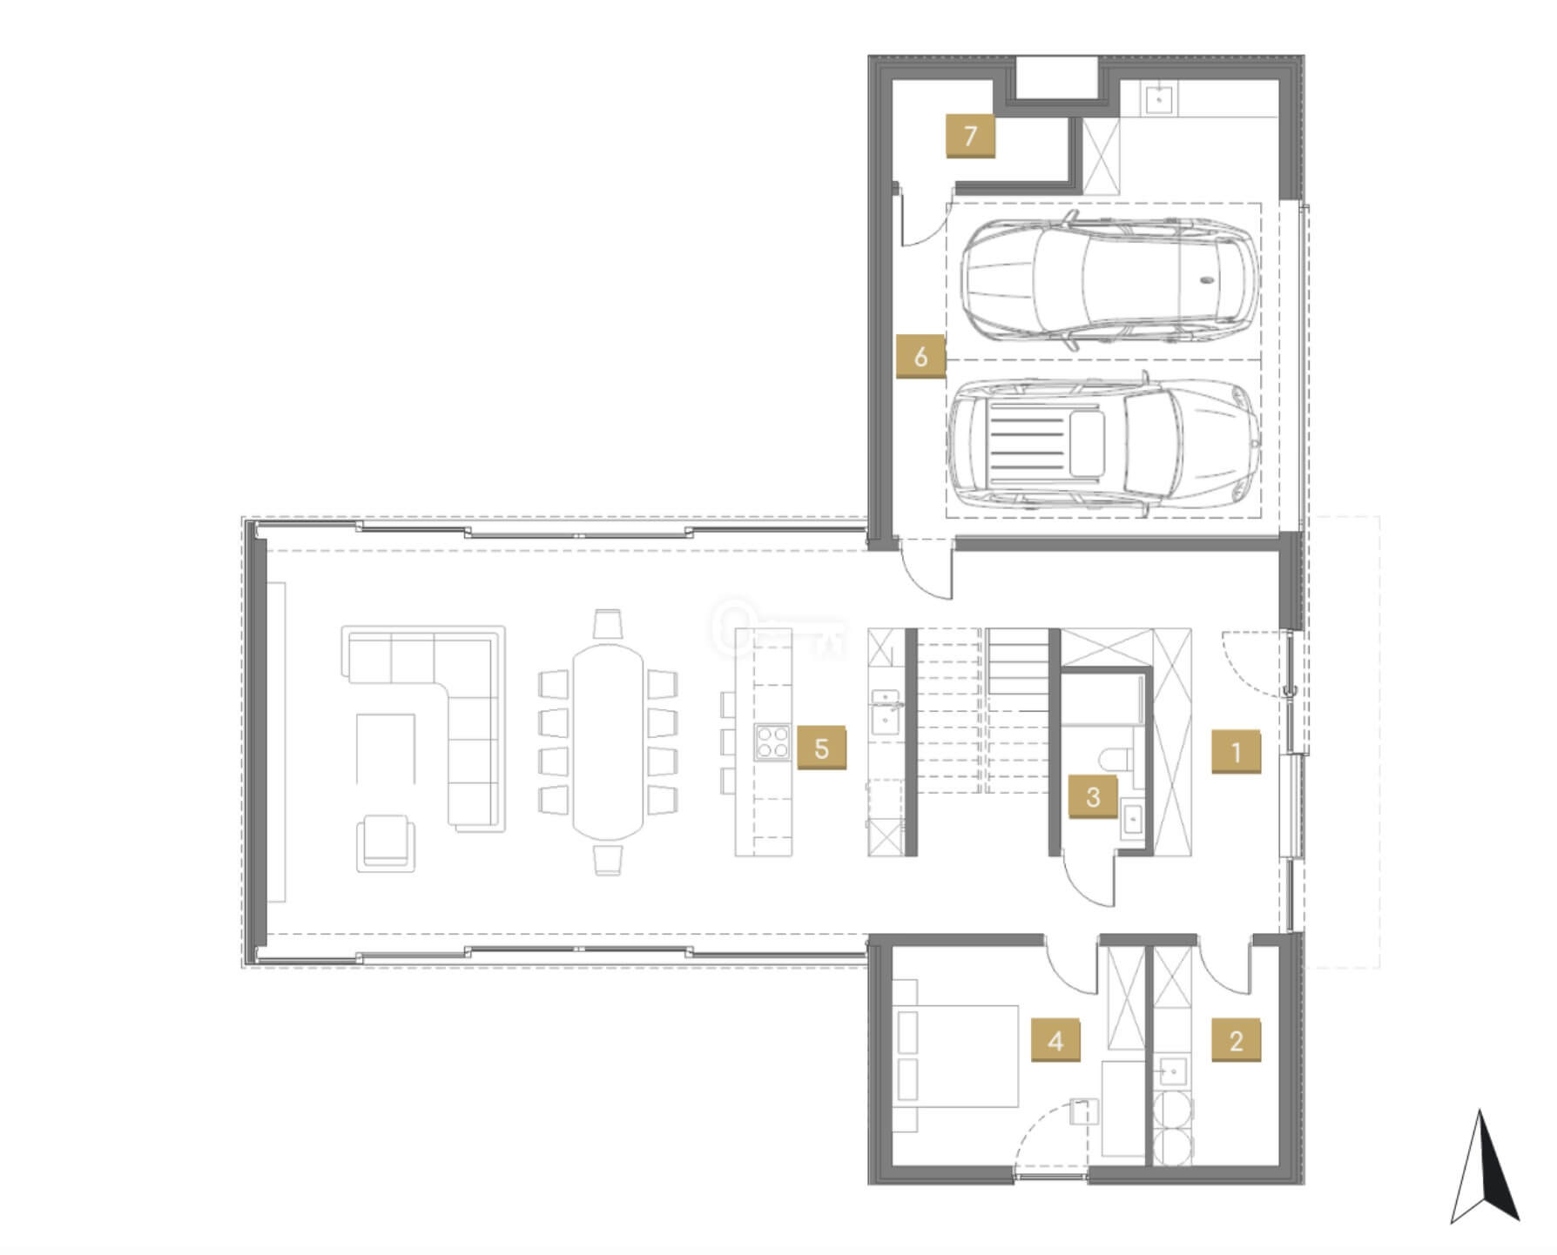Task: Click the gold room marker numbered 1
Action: pos(1236,751)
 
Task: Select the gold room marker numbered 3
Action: pos(1093,796)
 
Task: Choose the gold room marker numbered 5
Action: pos(821,748)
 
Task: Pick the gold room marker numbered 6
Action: pos(920,356)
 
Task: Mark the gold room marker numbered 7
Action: pos(970,135)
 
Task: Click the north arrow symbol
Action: pos(1485,1165)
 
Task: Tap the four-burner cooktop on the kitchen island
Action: pos(772,744)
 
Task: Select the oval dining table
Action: pos(609,741)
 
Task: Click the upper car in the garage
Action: pos(1110,278)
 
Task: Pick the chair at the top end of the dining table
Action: pos(608,625)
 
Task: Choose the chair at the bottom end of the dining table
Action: pos(608,859)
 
